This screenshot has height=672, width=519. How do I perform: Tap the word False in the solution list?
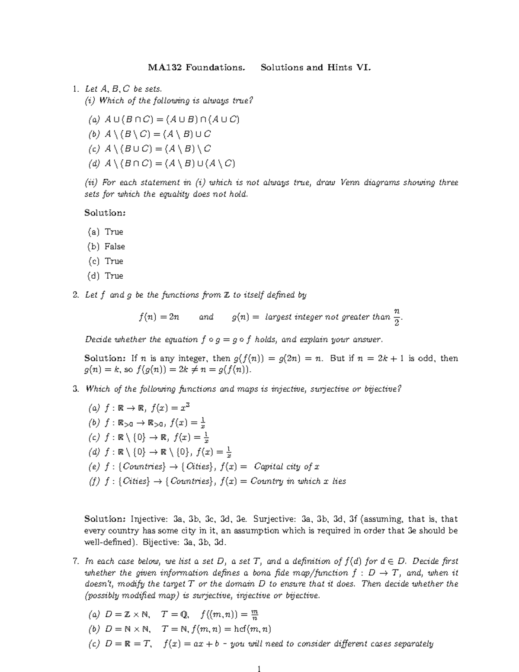click(115, 246)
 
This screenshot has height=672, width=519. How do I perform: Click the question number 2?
click(76, 295)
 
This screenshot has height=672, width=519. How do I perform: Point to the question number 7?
click(76, 561)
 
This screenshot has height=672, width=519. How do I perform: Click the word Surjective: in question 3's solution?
click(275, 519)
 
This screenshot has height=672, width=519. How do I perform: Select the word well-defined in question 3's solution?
click(107, 542)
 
